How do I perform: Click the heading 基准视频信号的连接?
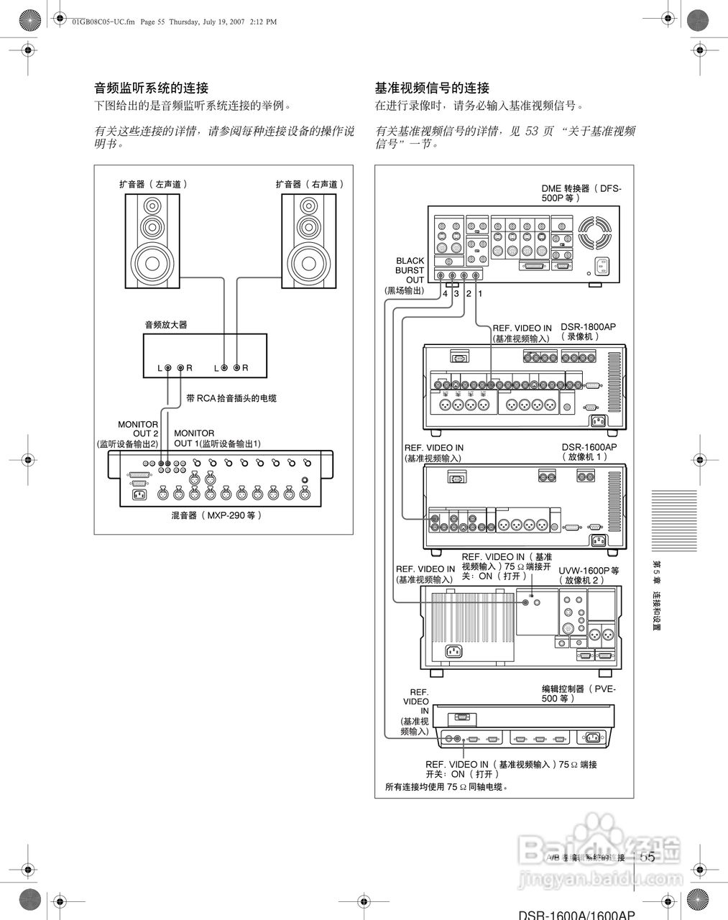click(432, 88)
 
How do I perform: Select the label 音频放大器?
click(166, 325)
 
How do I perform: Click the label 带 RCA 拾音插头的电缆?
click(231, 398)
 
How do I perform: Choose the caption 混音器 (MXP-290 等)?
click(216, 515)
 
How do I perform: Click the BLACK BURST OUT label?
click(410, 270)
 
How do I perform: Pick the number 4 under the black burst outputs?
click(445, 294)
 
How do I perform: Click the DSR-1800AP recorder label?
click(588, 331)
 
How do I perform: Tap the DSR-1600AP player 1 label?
click(589, 451)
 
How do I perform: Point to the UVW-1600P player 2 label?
click(589, 574)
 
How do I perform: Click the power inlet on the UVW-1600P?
click(453, 651)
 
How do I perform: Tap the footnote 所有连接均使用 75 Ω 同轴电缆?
click(446, 787)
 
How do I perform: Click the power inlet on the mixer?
click(137, 494)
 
